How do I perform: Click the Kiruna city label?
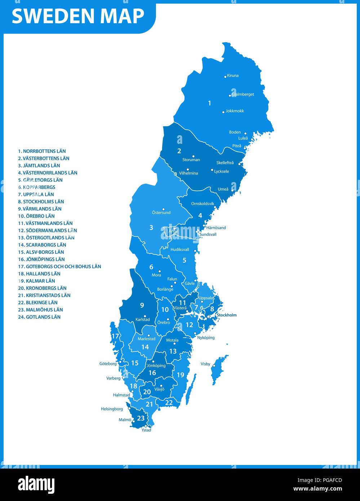[233, 76]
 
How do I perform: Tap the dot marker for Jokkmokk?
[223, 112]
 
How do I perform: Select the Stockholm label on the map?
[227, 315]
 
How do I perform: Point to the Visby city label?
[205, 364]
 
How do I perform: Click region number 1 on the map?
[209, 103]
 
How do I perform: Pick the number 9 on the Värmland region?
[142, 305]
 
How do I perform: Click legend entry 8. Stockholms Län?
[41, 201]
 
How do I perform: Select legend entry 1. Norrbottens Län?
[42, 151]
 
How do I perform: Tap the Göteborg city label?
[108, 364]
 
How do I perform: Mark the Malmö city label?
[125, 420]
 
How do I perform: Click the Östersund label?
[161, 213]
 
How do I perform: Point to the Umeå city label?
[223, 189]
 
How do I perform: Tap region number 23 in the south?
[141, 418]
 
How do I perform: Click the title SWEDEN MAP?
[78, 16]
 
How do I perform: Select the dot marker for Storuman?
[194, 156]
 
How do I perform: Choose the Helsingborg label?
[112, 409]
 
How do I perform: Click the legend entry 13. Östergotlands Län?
[46, 238]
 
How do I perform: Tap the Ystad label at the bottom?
[146, 430]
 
